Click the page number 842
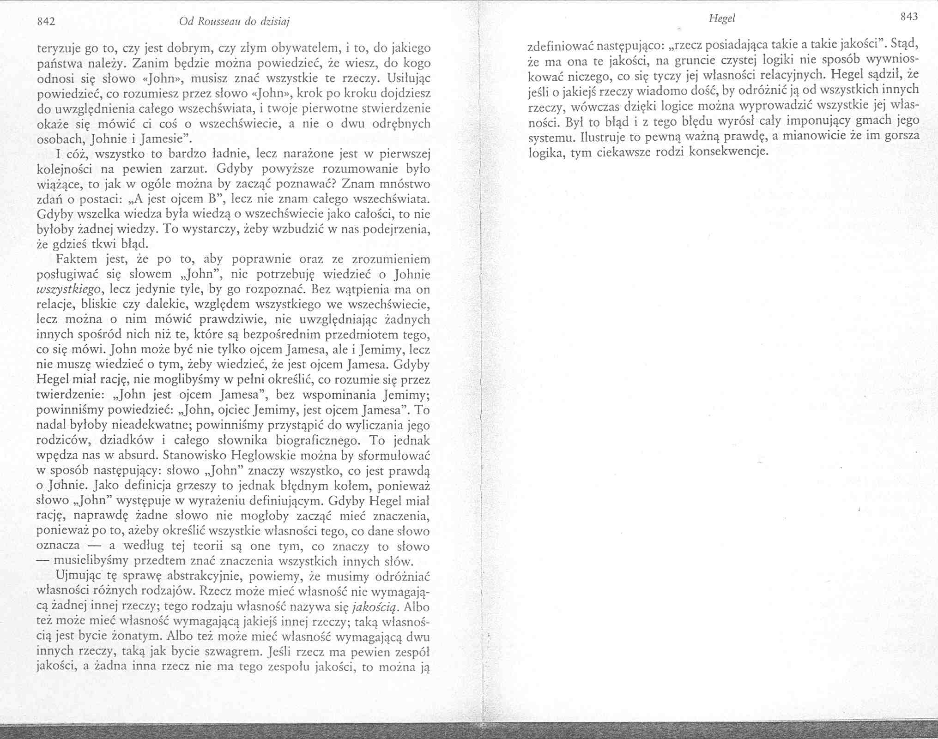(46, 21)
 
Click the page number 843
(908, 17)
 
